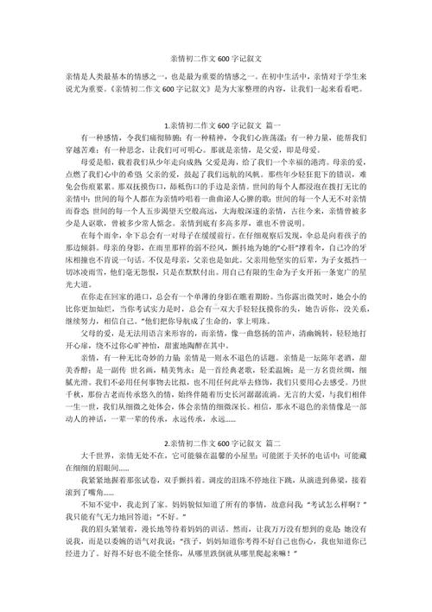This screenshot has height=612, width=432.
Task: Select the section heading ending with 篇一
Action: [216, 126]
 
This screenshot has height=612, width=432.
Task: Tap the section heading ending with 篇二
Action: [216, 443]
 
